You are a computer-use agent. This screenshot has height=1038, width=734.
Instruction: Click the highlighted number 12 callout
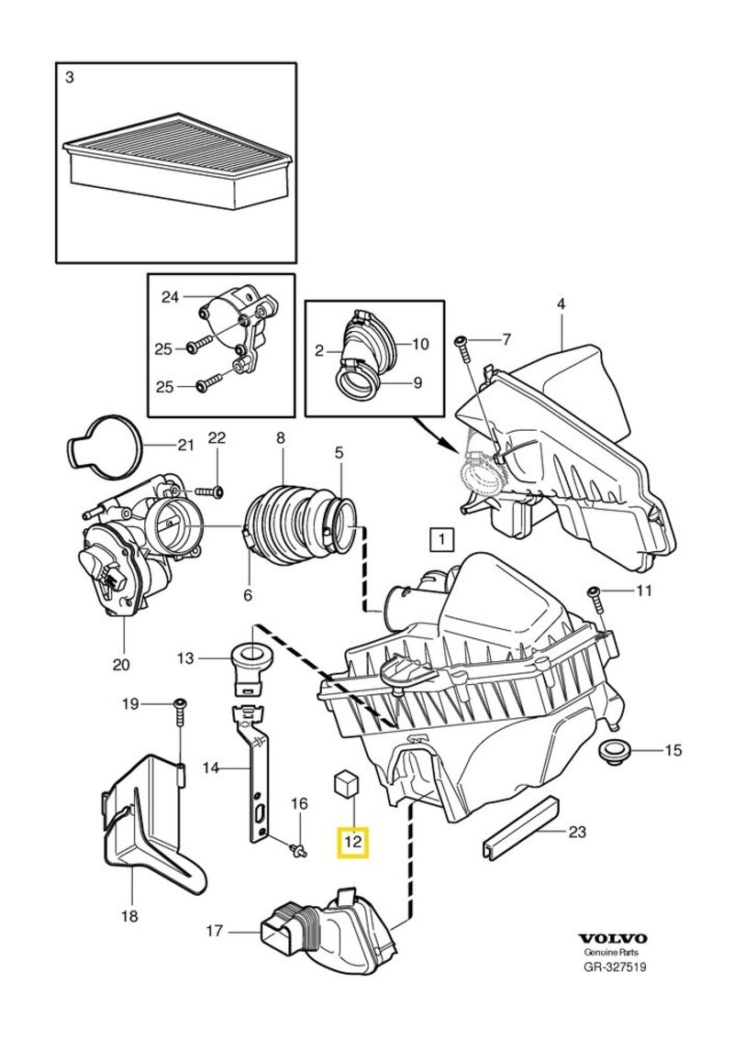(x=353, y=840)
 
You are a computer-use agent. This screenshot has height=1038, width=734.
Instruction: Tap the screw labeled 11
(x=595, y=596)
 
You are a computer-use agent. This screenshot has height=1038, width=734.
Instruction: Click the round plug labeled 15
(x=614, y=752)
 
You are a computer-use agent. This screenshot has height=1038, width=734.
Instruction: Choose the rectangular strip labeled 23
(x=519, y=828)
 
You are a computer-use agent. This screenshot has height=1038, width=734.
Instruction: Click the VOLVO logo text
(x=612, y=938)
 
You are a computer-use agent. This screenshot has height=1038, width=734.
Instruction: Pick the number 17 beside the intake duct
(x=214, y=931)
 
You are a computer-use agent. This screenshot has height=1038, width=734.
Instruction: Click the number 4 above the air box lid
(x=561, y=304)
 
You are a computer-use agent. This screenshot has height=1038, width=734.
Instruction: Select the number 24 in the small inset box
(x=170, y=296)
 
